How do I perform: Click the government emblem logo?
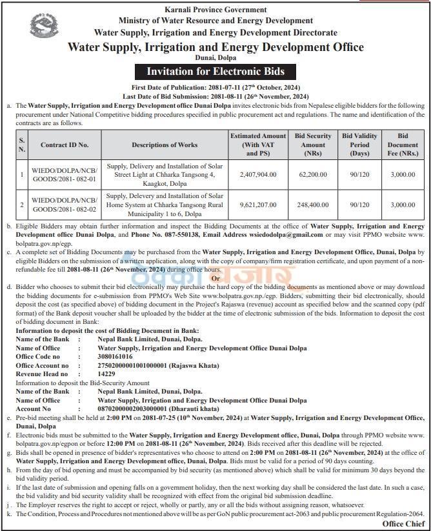pos(44,27)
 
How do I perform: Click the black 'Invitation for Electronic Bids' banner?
pos(215,71)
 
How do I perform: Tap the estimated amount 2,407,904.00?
pos(257,174)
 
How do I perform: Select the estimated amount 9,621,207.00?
pos(257,204)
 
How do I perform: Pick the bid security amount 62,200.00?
pos(313,174)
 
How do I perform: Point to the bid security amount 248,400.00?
pos(313,204)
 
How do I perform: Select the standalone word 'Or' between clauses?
pos(215,277)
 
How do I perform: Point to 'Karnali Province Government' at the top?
pos(215,10)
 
